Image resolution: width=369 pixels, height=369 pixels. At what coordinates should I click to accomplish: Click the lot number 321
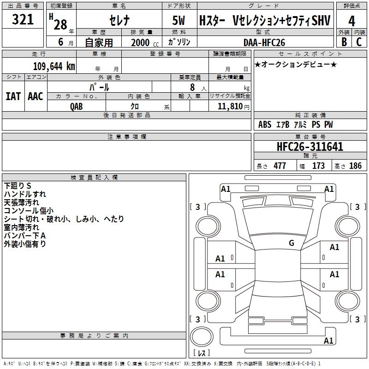(23, 20)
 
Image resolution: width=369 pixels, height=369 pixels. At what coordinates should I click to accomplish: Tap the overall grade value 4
(352, 21)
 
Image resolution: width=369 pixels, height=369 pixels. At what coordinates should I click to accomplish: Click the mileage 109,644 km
(54, 66)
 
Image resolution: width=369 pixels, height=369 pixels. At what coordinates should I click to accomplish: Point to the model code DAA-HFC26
(264, 42)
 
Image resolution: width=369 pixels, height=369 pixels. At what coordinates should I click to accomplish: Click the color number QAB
(77, 106)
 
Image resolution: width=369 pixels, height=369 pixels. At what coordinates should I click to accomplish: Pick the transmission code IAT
(13, 96)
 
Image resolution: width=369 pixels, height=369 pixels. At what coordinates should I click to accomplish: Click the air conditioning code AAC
(36, 96)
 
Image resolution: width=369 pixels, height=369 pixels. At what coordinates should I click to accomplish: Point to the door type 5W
(180, 21)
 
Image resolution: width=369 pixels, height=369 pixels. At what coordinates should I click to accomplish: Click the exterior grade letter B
(344, 42)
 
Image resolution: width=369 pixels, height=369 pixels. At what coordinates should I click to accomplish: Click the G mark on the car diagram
(291, 243)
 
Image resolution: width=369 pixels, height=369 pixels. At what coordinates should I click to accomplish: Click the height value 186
(355, 166)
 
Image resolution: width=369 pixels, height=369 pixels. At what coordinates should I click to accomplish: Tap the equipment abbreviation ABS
(265, 125)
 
